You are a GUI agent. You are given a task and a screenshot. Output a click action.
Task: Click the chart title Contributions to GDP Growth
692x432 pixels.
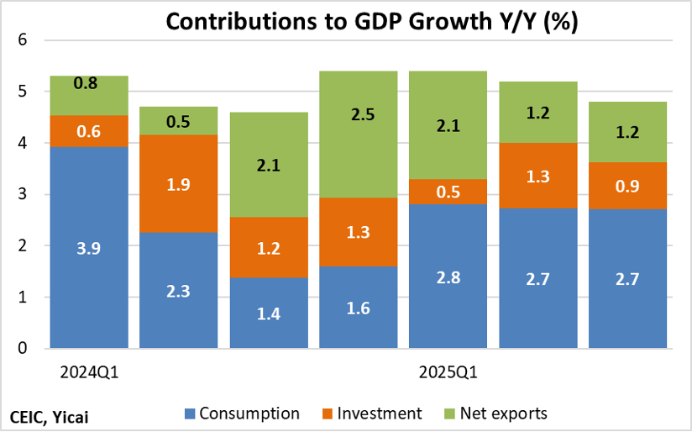click(370, 22)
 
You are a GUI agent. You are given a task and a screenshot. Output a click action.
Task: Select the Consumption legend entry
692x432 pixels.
click(248, 414)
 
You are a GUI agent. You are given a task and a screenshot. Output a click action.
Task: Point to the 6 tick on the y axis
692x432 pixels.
click(24, 40)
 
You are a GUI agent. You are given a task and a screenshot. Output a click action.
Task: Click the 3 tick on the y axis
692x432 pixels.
click(24, 195)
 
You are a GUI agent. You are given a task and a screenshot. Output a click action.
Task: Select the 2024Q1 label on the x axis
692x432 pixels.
click(89, 371)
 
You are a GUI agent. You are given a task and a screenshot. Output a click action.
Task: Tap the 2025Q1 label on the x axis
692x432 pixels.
click(448, 371)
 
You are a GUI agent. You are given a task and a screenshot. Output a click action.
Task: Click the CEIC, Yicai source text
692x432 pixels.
click(50, 416)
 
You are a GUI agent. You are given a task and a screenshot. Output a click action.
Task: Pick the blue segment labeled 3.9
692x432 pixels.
click(89, 248)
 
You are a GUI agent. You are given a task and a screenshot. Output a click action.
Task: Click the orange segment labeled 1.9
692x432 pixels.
click(178, 183)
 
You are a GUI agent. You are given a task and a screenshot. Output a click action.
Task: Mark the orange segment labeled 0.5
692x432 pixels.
click(448, 192)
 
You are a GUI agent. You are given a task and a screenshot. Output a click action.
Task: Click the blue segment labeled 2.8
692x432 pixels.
click(448, 277)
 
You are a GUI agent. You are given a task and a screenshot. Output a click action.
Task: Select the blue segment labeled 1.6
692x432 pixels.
click(359, 308)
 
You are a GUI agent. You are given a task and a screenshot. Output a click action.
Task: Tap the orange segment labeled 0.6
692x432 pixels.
click(89, 131)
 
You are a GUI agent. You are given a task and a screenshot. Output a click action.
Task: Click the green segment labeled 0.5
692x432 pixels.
click(178, 120)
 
